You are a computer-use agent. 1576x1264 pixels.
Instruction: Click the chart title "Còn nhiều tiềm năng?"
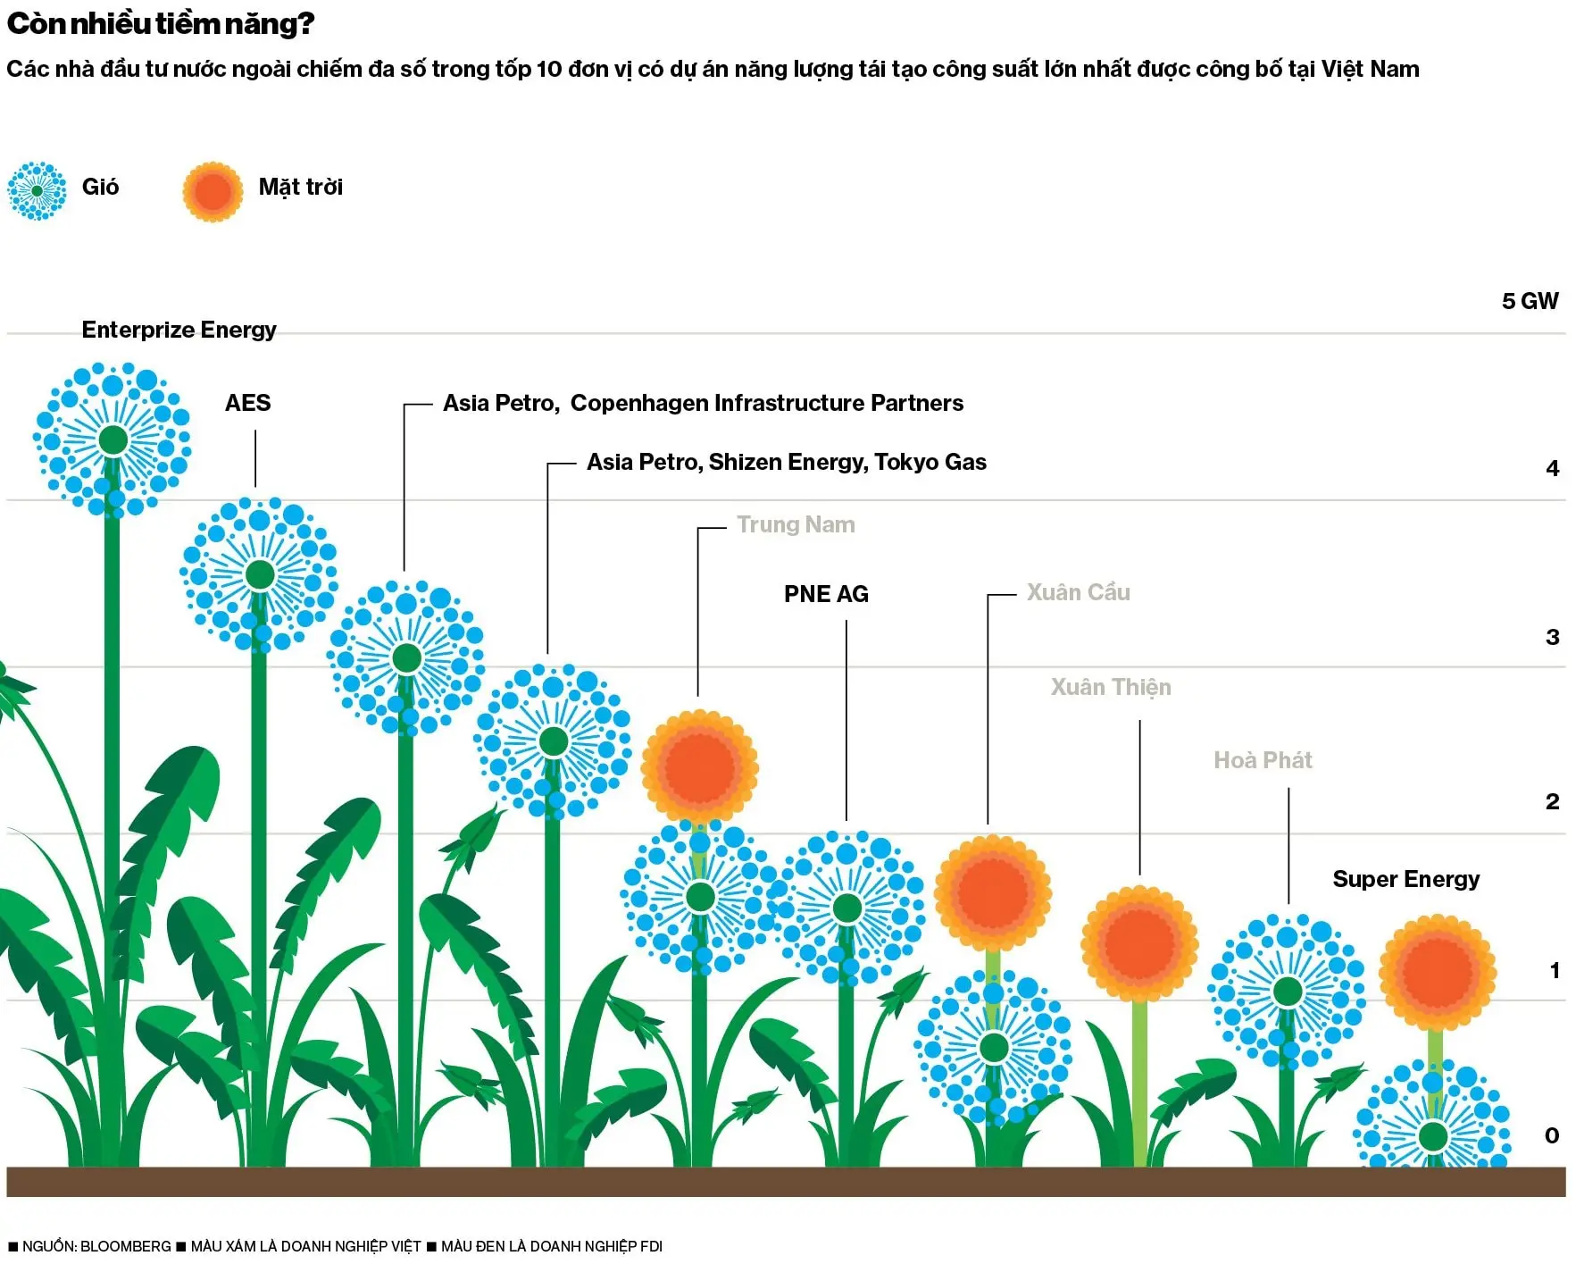(x=161, y=23)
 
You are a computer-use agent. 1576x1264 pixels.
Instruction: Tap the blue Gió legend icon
(x=37, y=190)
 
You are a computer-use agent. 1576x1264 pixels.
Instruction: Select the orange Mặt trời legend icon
(x=213, y=191)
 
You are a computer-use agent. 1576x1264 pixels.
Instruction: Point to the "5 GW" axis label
(x=1530, y=301)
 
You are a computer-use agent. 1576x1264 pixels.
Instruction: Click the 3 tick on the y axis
(x=1552, y=637)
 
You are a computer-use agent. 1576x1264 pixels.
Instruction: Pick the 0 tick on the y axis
(x=1552, y=1135)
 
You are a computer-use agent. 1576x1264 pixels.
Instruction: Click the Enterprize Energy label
(x=179, y=330)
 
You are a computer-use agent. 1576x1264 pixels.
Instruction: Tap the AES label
(x=247, y=403)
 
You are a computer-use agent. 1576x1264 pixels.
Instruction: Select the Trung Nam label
(x=796, y=524)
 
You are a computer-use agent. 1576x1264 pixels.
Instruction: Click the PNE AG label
(x=826, y=594)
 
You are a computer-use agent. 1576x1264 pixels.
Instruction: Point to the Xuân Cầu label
(x=1078, y=592)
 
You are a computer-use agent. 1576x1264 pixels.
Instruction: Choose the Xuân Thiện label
(x=1111, y=687)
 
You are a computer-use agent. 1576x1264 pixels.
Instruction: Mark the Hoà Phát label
(x=1263, y=760)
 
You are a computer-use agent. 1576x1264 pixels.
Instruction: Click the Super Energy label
(x=1405, y=879)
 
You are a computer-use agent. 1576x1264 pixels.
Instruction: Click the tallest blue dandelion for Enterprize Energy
(x=113, y=439)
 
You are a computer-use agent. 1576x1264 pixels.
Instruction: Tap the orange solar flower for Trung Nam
(x=700, y=767)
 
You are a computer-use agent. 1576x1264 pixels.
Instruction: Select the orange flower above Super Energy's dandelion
(x=1437, y=972)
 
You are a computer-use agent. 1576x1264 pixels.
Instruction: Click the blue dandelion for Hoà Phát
(x=1287, y=992)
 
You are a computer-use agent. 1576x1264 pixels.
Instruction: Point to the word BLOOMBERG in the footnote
(x=125, y=1246)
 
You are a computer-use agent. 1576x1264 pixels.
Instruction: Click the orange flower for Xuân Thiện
(x=1139, y=943)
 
